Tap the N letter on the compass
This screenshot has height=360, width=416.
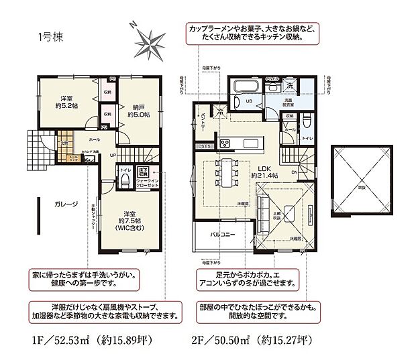134,25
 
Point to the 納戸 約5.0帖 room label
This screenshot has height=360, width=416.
137,110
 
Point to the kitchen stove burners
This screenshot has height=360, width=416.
223,143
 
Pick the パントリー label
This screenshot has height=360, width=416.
203,125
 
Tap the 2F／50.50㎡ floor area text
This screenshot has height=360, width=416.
255,340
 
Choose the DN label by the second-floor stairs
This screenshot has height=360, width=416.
295,172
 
